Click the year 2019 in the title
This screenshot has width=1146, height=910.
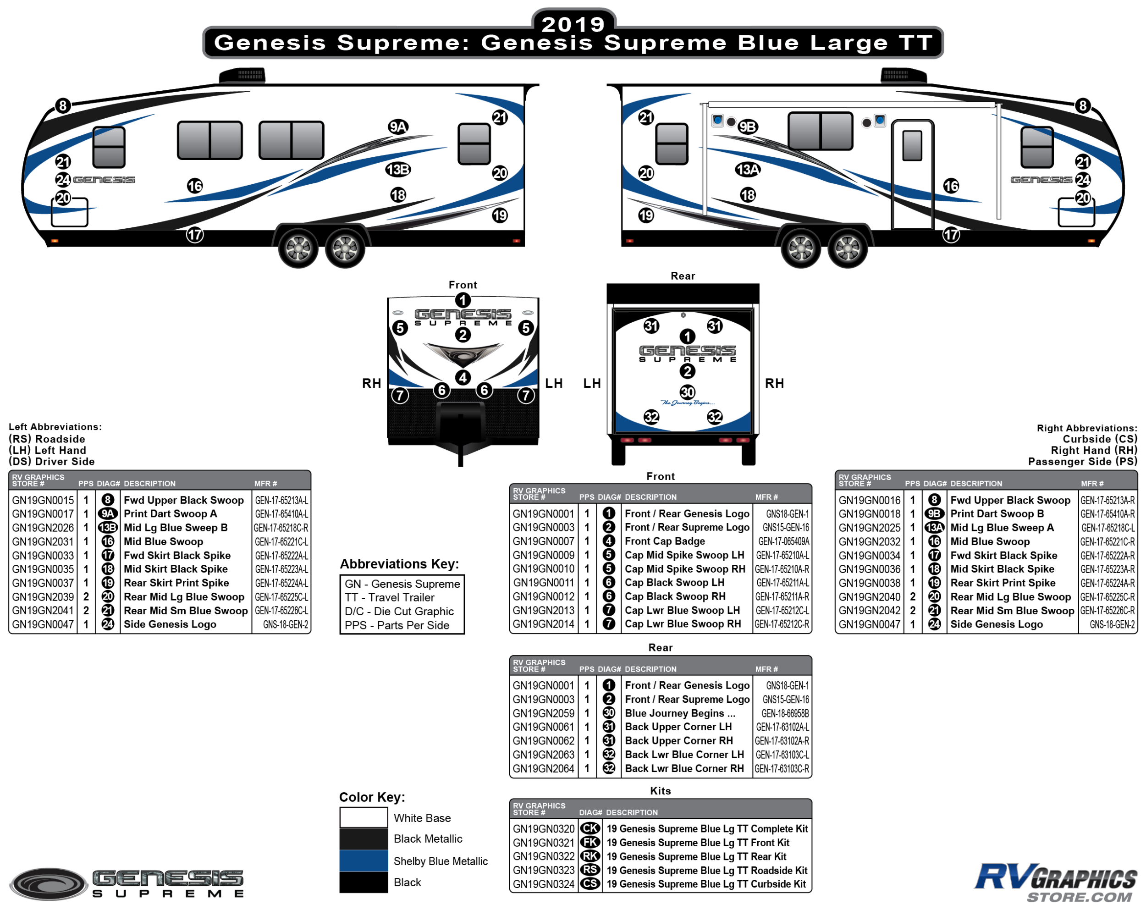point(573,24)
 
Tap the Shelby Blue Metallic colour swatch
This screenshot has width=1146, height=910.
point(364,860)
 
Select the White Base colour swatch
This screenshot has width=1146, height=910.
point(364,817)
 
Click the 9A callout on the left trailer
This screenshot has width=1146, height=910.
point(397,127)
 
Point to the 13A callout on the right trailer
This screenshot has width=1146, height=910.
point(747,170)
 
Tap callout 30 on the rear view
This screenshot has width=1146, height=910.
point(687,392)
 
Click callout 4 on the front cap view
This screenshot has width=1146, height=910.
point(463,377)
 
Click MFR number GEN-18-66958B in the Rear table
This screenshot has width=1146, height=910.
point(785,713)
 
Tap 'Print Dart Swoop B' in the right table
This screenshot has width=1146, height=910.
point(997,514)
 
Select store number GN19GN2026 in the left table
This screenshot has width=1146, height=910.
point(43,528)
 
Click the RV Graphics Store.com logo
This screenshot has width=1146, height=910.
point(1055,883)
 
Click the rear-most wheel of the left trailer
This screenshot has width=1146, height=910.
point(345,248)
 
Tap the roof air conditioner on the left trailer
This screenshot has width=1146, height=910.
point(242,76)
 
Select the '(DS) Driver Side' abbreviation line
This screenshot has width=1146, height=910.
point(51,461)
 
